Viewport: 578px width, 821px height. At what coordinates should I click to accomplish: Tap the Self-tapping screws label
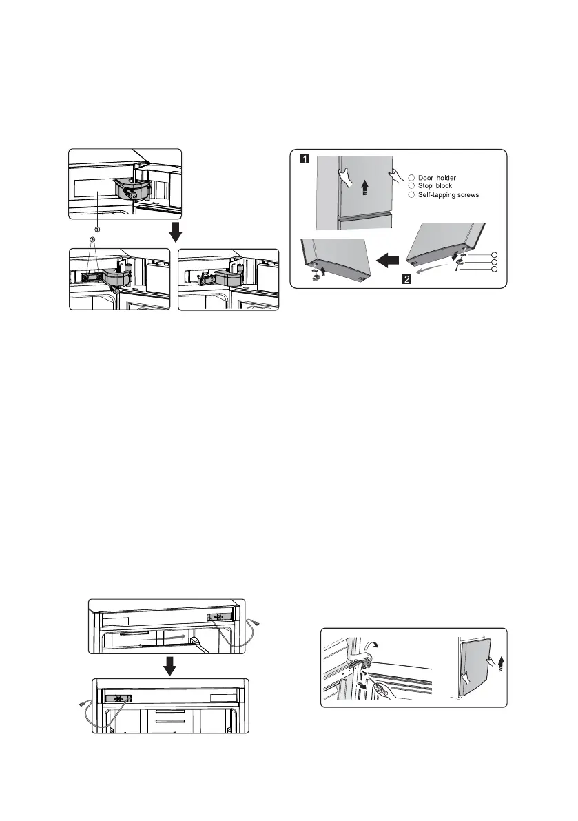coord(446,195)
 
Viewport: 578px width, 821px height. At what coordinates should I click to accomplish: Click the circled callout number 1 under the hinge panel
coord(97,229)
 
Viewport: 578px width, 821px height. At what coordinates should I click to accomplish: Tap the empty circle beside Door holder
coord(411,178)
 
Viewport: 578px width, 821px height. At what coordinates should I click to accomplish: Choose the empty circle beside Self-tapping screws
coord(411,195)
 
